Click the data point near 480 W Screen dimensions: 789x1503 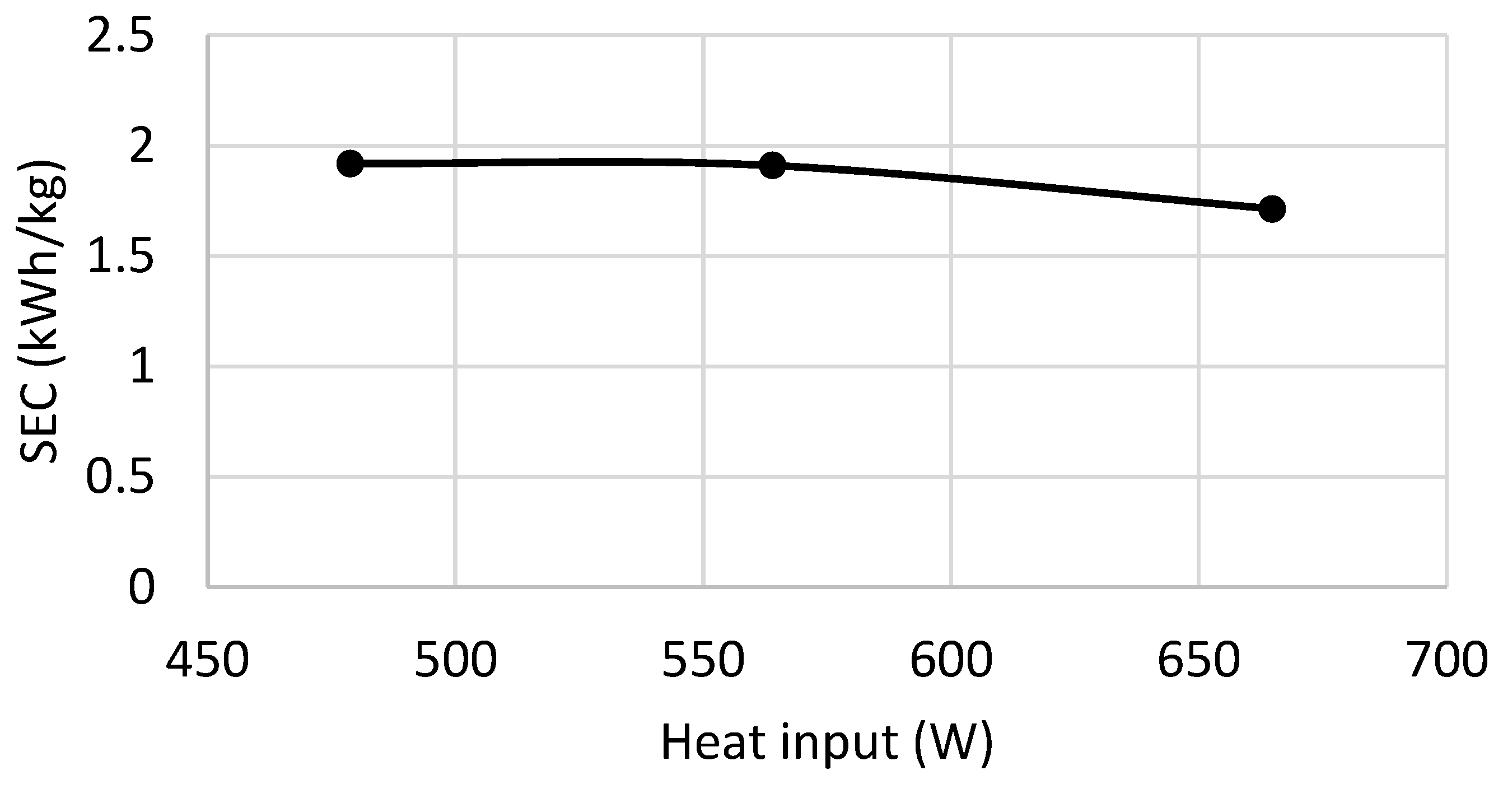coord(350,164)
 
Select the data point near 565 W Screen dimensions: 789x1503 coord(773,166)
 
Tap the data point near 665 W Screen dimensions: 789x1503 coord(1272,209)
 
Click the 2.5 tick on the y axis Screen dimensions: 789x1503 coord(120,36)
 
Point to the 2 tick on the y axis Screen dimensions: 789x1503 coord(141,147)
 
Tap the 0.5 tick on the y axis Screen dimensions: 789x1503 coord(120,477)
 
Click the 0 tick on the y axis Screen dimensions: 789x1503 coord(141,587)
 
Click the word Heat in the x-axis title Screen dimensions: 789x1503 coord(713,743)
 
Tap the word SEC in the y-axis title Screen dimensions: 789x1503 coord(40,424)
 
